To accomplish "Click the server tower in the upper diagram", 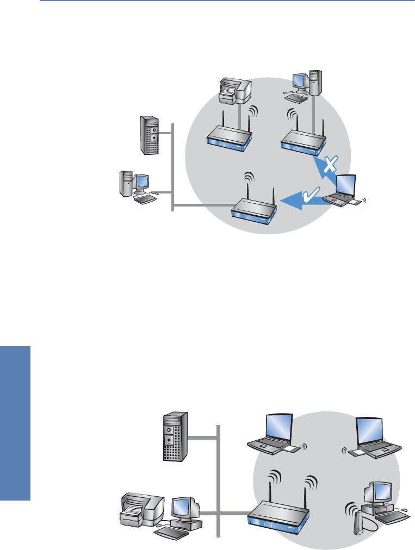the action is pos(149,134).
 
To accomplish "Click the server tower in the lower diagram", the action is pos(175,437).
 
